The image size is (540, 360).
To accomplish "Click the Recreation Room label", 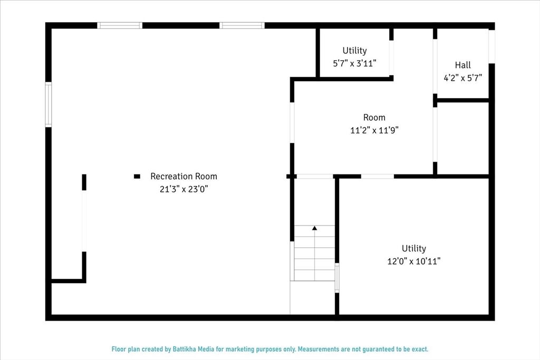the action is [x=184, y=177].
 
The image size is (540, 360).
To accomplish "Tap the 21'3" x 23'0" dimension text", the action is [x=184, y=189].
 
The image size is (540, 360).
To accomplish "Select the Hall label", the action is [x=462, y=65].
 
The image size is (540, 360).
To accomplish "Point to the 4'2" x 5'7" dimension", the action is [x=462, y=78].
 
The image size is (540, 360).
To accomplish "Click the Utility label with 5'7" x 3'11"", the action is [x=354, y=51].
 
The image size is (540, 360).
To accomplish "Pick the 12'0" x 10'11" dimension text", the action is [x=413, y=261].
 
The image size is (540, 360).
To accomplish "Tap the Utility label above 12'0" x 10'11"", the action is [x=413, y=248].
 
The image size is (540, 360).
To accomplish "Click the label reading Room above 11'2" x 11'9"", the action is [x=374, y=118].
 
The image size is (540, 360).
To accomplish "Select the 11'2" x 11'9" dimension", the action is [x=374, y=130].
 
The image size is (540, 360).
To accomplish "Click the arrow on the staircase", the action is [x=314, y=228].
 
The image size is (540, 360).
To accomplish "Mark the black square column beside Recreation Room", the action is [x=137, y=177].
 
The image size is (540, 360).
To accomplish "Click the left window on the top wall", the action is [x=120, y=25].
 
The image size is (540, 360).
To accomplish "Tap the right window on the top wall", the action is [x=242, y=25].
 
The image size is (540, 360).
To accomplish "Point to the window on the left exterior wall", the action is [x=49, y=104].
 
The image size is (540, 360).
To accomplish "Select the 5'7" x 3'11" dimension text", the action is [x=354, y=63].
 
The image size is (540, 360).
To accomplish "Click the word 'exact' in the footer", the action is [x=420, y=349].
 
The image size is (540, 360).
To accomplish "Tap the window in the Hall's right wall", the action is [x=492, y=46].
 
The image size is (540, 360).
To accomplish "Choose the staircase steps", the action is [x=314, y=253].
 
